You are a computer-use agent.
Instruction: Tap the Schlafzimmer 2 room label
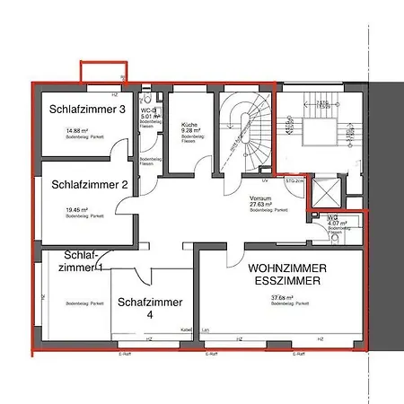(x=87, y=185)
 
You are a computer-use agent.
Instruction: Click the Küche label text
(x=189, y=127)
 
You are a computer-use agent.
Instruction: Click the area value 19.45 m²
(x=77, y=208)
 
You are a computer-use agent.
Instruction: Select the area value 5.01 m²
(x=150, y=116)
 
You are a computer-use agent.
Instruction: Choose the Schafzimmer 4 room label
(x=150, y=308)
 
